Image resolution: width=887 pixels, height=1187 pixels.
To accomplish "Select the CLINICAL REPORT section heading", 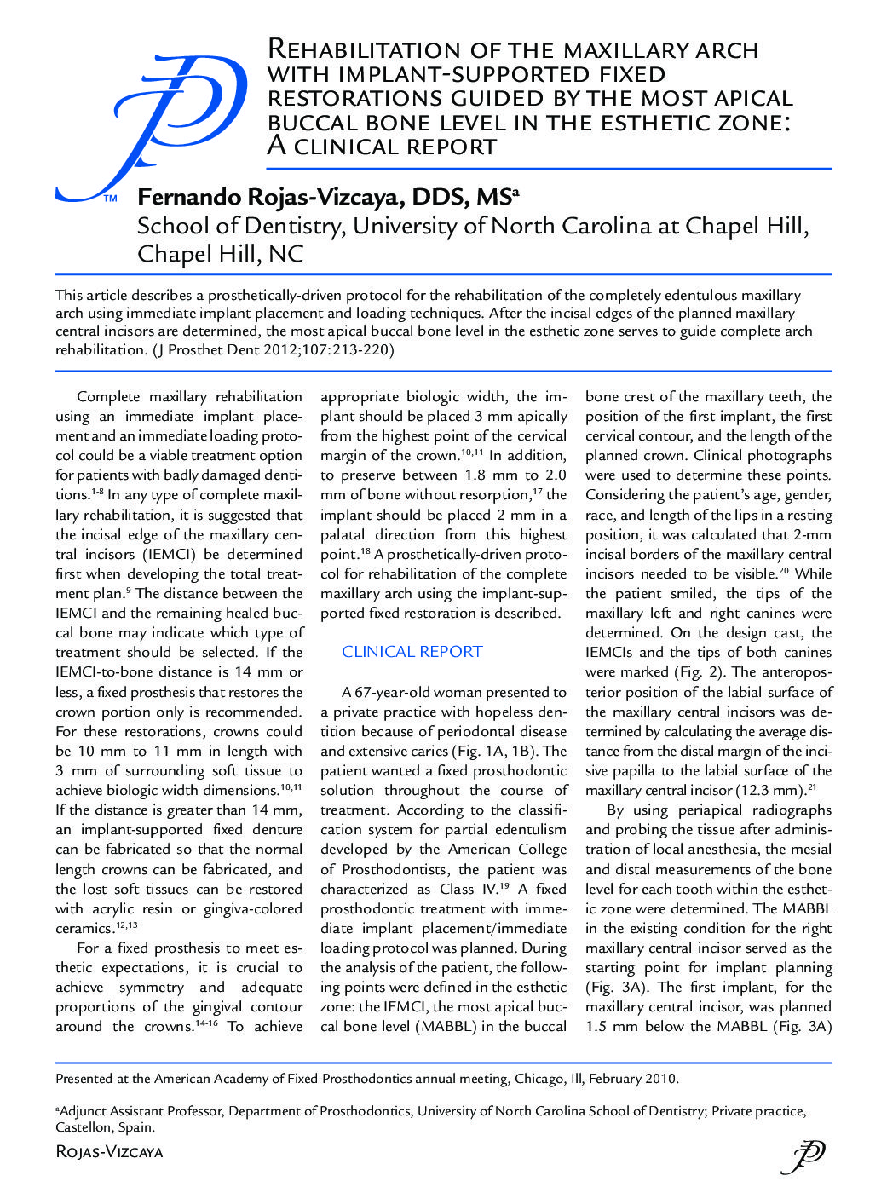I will click(x=412, y=652).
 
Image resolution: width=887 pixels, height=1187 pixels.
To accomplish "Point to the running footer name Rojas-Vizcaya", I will click(x=108, y=1152).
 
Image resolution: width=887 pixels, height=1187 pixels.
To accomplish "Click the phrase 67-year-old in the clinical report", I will click(x=403, y=692).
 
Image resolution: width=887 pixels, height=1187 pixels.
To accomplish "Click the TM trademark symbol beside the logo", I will click(x=110, y=199).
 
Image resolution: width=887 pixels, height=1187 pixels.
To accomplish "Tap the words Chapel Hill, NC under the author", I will click(x=220, y=254).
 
